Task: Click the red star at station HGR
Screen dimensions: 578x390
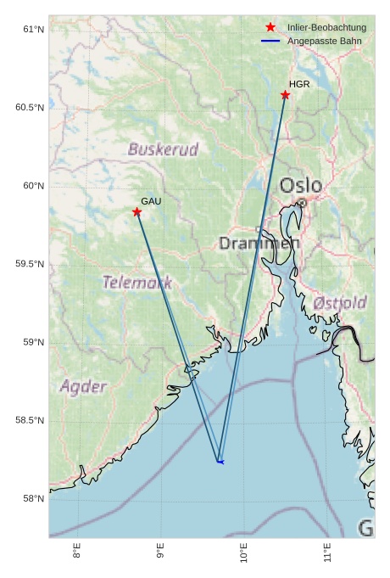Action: [285, 95]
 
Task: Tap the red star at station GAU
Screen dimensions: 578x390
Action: [136, 212]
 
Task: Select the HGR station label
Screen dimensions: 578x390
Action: [299, 84]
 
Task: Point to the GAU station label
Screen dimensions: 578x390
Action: [151, 201]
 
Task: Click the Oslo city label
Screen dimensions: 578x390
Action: [301, 185]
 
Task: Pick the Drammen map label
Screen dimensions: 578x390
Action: [259, 244]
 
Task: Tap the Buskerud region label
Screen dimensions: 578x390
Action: [164, 150]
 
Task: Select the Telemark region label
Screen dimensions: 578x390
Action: [137, 282]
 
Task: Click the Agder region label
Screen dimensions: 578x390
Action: [83, 387]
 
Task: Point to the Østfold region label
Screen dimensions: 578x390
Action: [340, 302]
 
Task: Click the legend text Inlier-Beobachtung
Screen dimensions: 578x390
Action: [326, 28]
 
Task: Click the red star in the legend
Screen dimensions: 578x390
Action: [270, 28]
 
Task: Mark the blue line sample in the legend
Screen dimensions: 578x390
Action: [270, 41]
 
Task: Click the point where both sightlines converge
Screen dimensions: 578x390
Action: [219, 461]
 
